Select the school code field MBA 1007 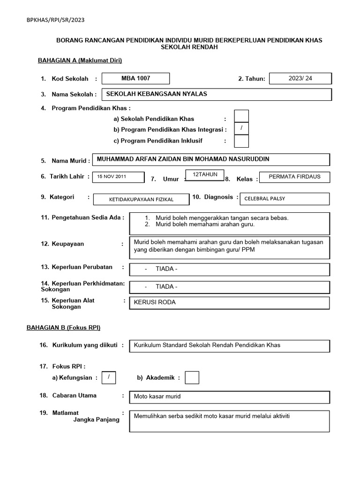pyautogui.click(x=136, y=78)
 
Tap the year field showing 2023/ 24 pyautogui.click(x=300, y=78)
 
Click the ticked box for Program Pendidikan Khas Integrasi pyautogui.click(x=241, y=128)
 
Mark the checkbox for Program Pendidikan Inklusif pyautogui.click(x=241, y=141)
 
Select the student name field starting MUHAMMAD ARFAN pyautogui.click(x=211, y=159)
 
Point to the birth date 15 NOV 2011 pyautogui.click(x=118, y=177)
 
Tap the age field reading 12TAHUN pyautogui.click(x=205, y=174)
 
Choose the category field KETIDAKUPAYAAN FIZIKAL pyautogui.click(x=141, y=199)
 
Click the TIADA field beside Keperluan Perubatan pyautogui.click(x=230, y=269)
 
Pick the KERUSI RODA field pyautogui.click(x=230, y=302)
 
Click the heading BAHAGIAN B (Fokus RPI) pyautogui.click(x=63, y=327)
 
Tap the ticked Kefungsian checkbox pyautogui.click(x=109, y=377)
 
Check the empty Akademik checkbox pyautogui.click(x=192, y=377)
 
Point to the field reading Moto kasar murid pyautogui.click(x=230, y=397)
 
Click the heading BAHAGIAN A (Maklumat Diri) pyautogui.click(x=80, y=60)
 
